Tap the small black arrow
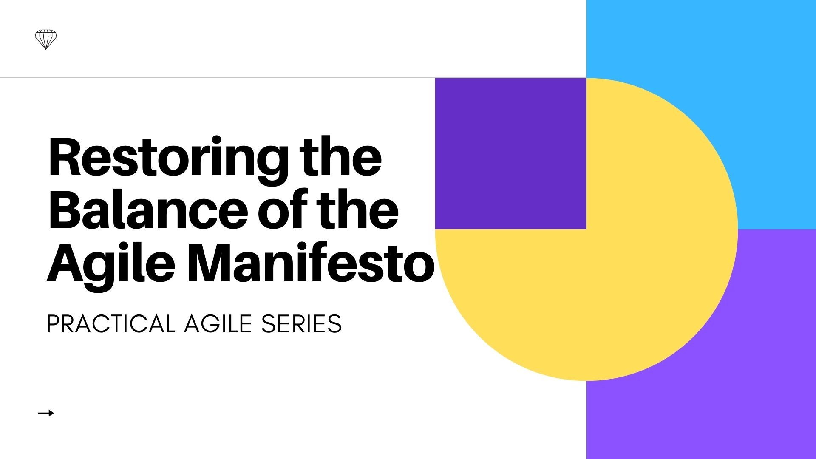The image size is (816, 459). point(46,413)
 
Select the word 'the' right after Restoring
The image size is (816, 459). point(340,156)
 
